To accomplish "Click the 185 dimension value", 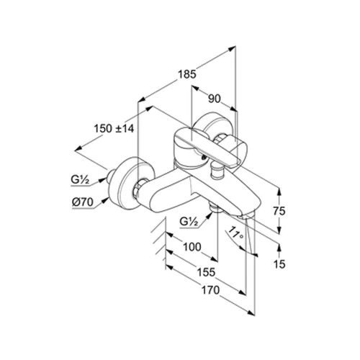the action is point(187,74).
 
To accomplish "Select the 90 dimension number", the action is point(214,99).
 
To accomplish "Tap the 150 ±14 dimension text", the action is point(114,128).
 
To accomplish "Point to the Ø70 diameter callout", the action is point(82,202).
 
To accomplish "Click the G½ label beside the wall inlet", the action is point(79,179).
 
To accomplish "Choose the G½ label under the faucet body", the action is point(189,222).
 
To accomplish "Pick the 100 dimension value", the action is point(192,247).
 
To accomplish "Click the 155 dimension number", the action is point(206,272).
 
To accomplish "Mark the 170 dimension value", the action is point(210,290).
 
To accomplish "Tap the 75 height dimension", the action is point(279,211).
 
